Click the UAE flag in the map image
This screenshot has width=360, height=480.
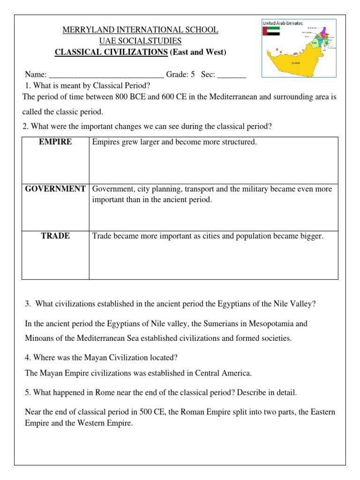(x=271, y=31)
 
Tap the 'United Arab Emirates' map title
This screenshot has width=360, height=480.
(x=283, y=23)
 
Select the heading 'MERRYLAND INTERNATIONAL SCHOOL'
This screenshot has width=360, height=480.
(x=141, y=30)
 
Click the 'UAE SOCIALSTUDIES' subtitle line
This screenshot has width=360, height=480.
(x=140, y=41)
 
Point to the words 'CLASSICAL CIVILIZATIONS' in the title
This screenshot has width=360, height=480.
(x=111, y=52)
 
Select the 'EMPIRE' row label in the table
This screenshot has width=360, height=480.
(x=55, y=142)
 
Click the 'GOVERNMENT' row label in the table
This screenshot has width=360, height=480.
(x=55, y=189)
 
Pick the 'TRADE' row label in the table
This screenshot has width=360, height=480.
(x=55, y=236)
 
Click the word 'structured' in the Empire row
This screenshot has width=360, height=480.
(x=238, y=142)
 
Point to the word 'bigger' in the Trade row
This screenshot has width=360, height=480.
(x=311, y=236)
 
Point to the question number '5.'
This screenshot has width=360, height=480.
(x=28, y=391)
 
